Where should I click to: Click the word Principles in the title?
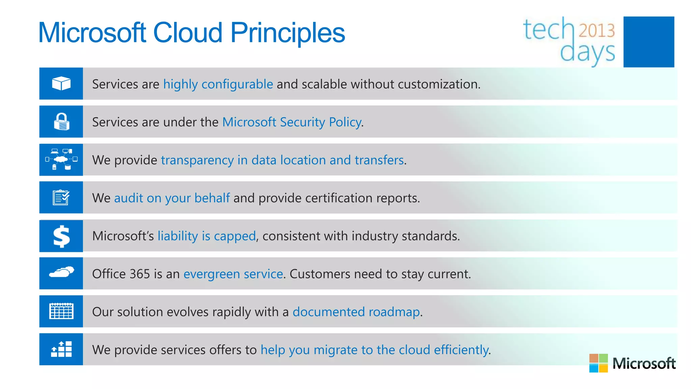[287, 33]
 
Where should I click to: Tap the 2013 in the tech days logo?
[597, 30]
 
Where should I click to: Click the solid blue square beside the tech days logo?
[648, 42]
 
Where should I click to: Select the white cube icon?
[61, 83]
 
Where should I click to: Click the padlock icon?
[61, 122]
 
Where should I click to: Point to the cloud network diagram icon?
[61, 159]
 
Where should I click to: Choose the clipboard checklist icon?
[61, 198]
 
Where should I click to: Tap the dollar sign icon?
[61, 236]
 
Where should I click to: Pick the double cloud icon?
[61, 272]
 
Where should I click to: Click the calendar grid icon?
[61, 311]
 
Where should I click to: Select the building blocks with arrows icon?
[61, 349]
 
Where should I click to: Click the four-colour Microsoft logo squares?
[598, 363]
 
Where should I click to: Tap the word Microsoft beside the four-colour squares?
[644, 363]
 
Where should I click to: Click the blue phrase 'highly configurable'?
[218, 84]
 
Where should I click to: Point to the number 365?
[140, 274]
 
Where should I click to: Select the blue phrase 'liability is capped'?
[206, 236]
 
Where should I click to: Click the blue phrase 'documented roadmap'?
[356, 312]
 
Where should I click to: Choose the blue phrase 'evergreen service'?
[233, 274]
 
